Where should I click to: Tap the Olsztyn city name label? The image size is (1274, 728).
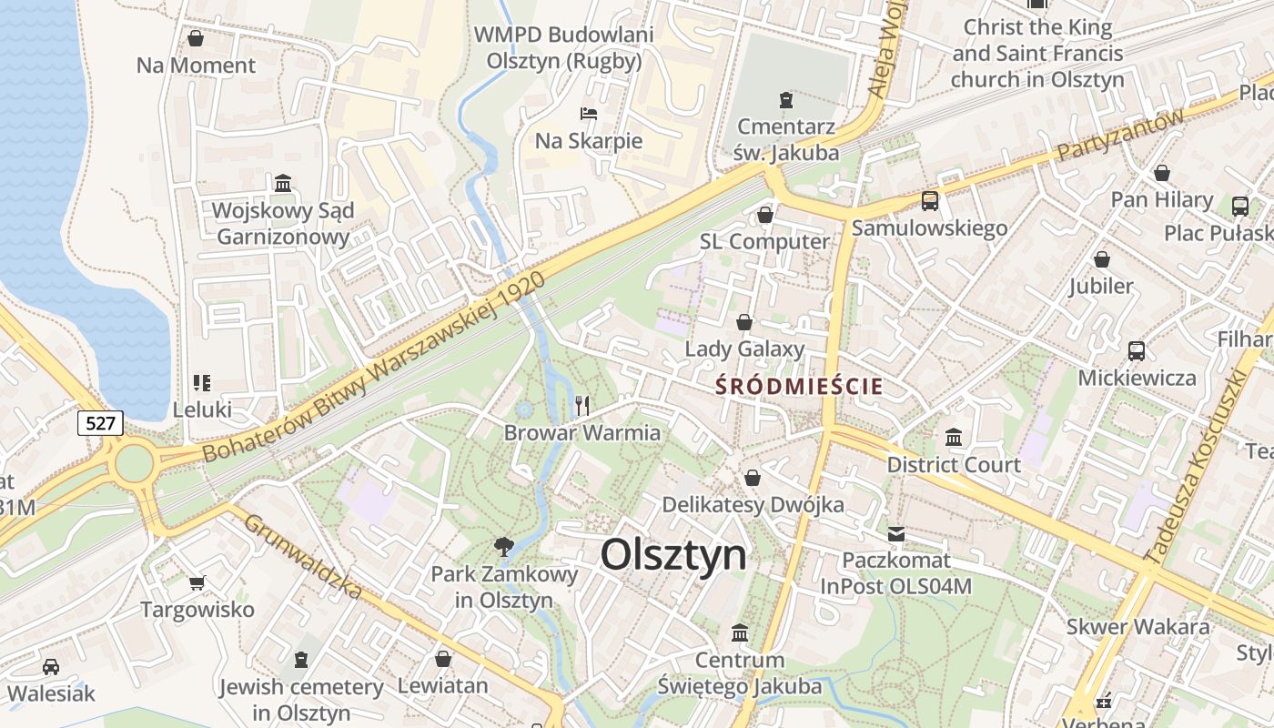(673, 554)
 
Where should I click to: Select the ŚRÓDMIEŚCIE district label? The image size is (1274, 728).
(799, 386)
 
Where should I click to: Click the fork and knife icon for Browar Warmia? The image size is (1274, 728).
(582, 405)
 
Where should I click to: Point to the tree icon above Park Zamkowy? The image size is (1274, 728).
(503, 546)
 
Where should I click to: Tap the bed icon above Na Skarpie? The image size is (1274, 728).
(589, 114)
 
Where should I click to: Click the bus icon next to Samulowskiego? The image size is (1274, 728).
(929, 201)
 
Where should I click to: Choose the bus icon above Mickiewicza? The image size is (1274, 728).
(1136, 350)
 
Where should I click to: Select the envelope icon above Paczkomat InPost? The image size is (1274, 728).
(896, 533)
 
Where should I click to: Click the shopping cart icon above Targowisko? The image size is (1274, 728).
(197, 582)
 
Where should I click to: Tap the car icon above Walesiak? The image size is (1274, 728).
(51, 667)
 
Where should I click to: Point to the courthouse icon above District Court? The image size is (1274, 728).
(954, 438)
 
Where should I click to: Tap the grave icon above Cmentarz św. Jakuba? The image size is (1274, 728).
(786, 99)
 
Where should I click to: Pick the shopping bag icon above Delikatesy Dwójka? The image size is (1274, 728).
(753, 478)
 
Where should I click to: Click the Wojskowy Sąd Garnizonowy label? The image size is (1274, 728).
(282, 224)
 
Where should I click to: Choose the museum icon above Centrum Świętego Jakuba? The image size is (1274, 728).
(740, 632)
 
